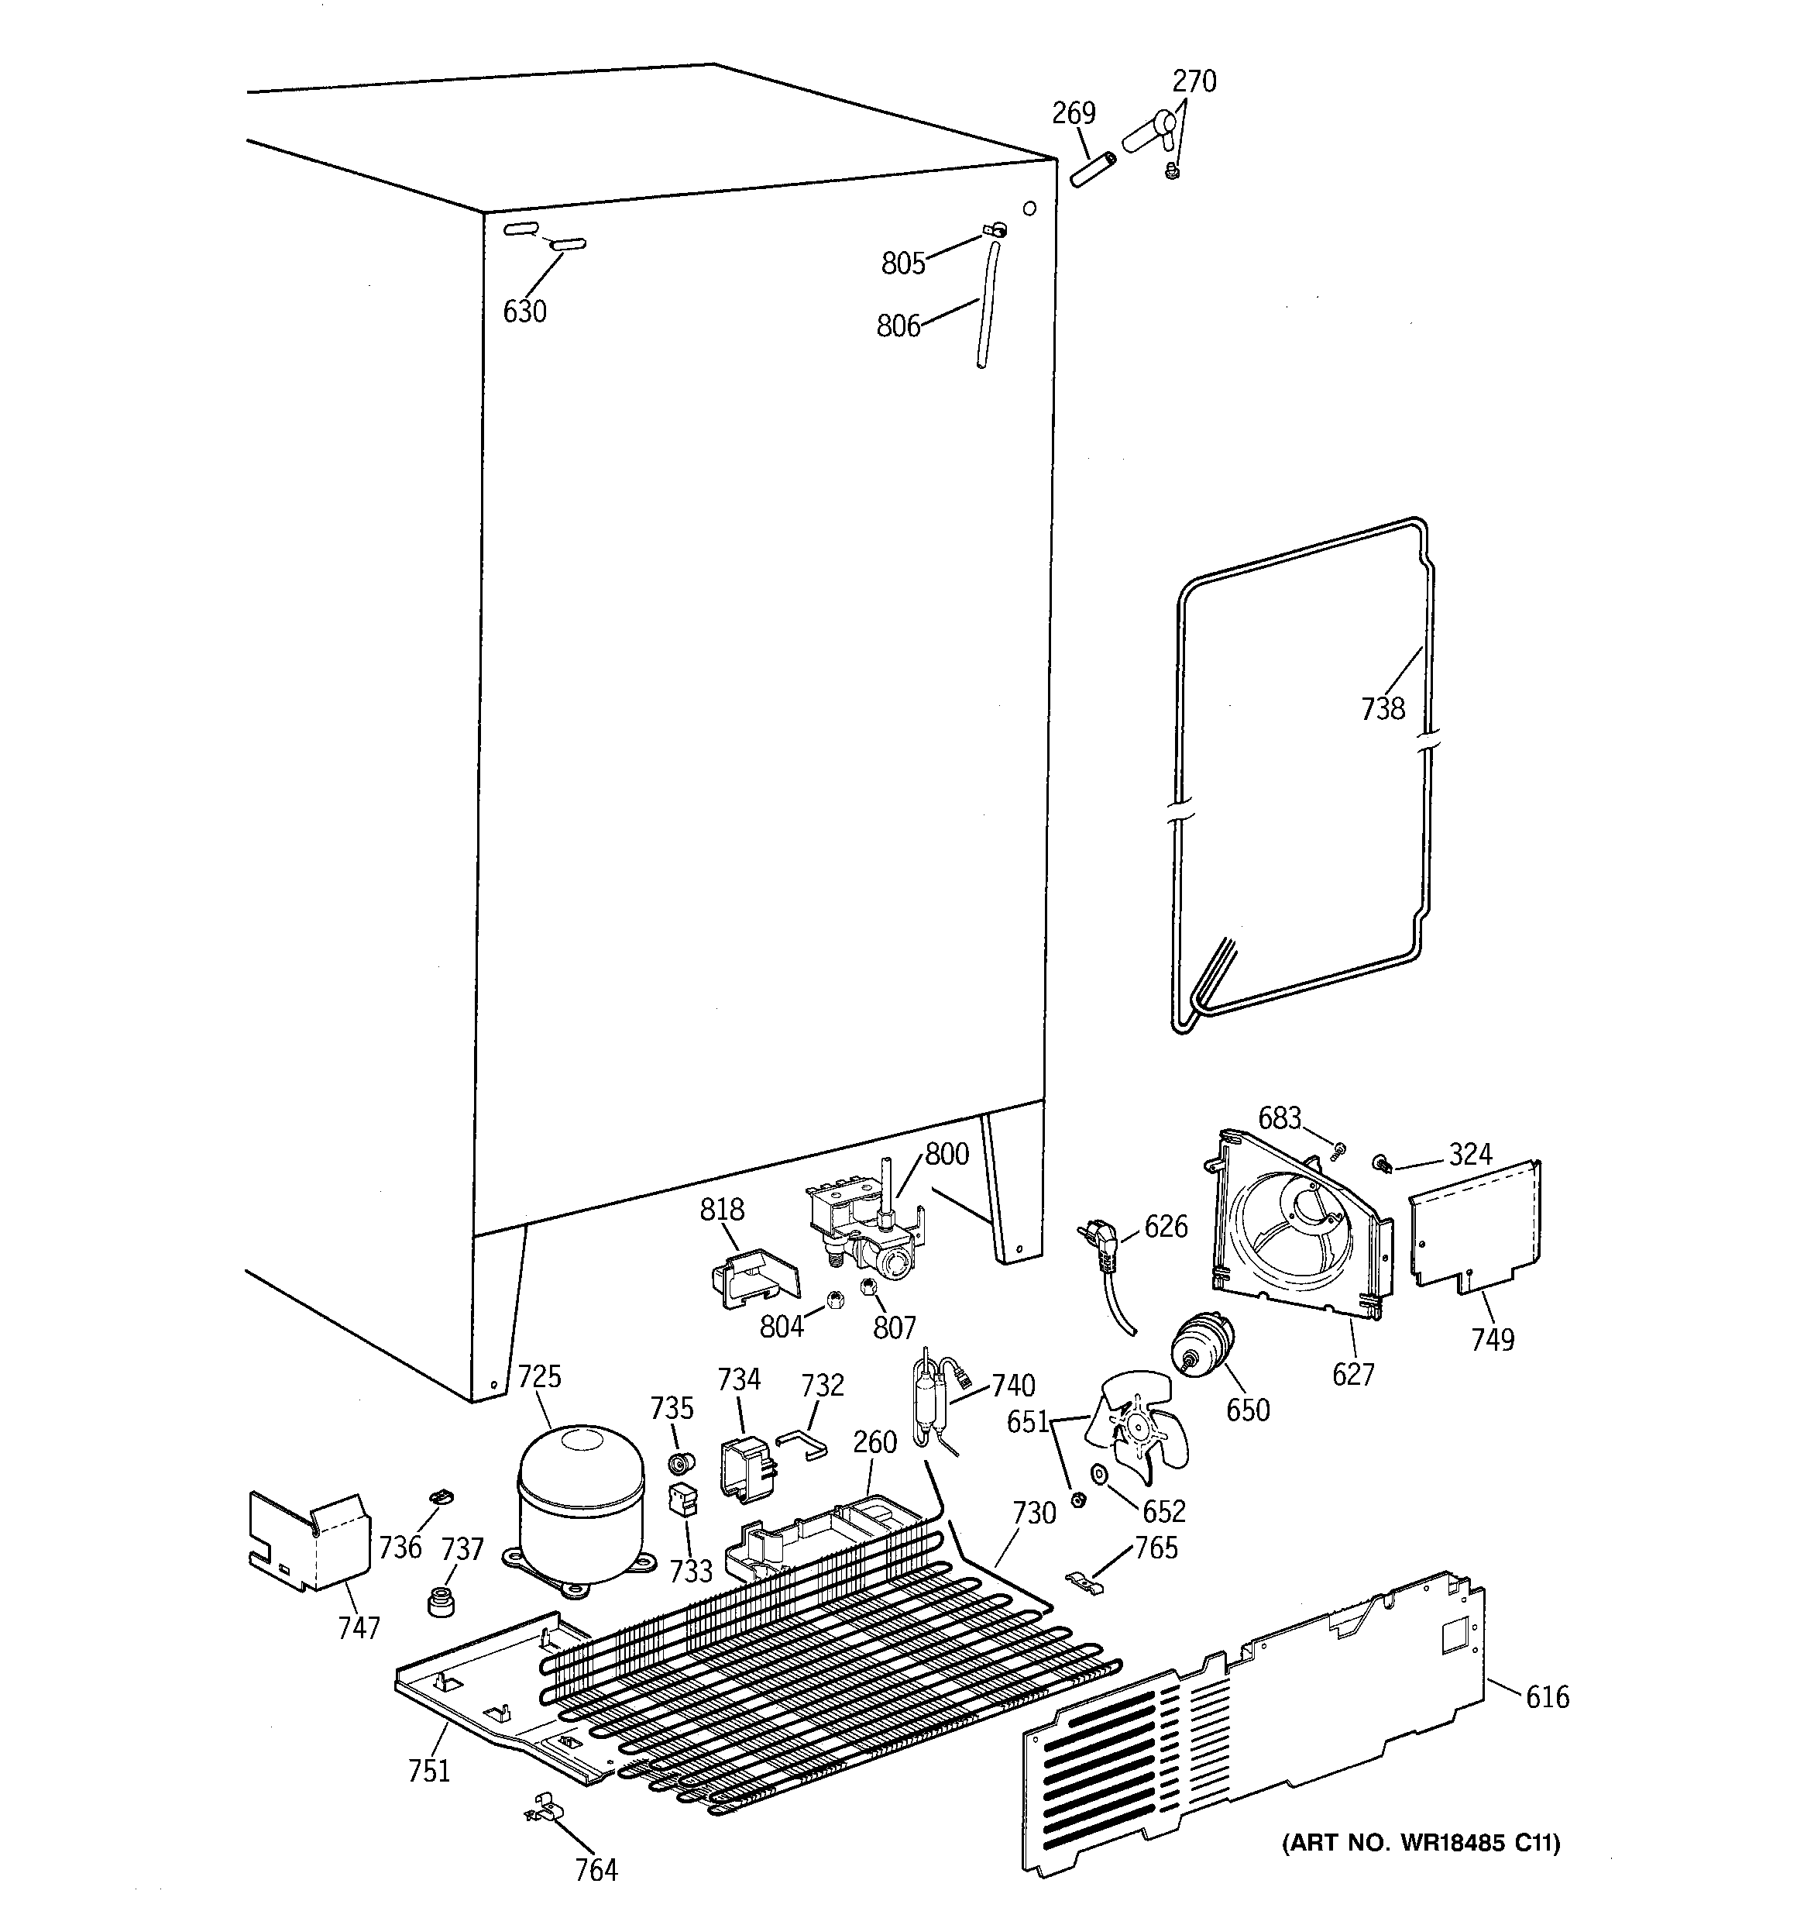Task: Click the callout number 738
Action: click(1383, 709)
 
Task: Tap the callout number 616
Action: click(1546, 1696)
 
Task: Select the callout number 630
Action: click(524, 312)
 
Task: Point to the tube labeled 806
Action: click(987, 304)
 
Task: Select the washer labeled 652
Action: click(1098, 1474)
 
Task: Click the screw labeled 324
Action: click(1383, 1163)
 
